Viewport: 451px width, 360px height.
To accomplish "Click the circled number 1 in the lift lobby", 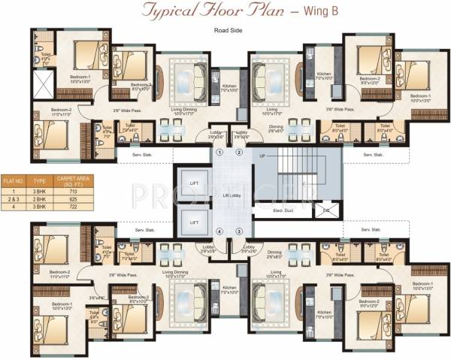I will click(219, 153).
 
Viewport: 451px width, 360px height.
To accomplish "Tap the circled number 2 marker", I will click(239, 153).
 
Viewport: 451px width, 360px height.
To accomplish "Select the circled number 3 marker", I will click(239, 231).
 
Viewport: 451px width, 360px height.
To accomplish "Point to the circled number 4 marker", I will click(219, 231).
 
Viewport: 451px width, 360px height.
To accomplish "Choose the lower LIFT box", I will click(195, 222).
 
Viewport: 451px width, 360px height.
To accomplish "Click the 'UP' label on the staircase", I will click(262, 156).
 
